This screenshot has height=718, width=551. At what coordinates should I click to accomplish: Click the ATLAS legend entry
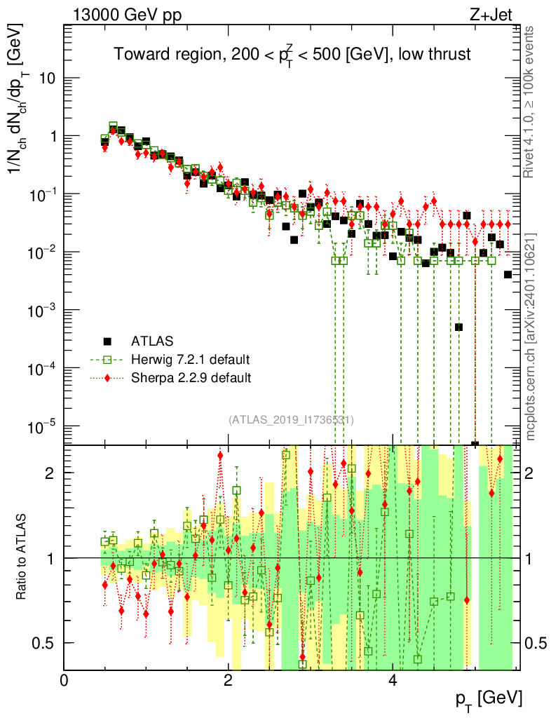[x=150, y=341]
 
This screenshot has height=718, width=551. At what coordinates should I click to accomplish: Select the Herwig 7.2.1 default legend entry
[x=190, y=360]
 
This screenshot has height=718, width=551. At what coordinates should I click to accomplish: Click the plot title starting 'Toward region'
[x=292, y=55]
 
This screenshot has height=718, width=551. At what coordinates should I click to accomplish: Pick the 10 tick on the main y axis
[x=47, y=78]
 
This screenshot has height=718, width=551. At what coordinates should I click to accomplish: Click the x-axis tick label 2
[x=228, y=679]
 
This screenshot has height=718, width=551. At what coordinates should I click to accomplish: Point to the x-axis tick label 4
[x=393, y=679]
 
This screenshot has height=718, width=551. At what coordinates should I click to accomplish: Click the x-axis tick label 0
[x=64, y=679]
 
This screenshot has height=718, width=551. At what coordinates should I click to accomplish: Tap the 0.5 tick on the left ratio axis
[x=46, y=643]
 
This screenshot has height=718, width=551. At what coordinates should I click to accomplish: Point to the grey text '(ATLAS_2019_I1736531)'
[x=291, y=420]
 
